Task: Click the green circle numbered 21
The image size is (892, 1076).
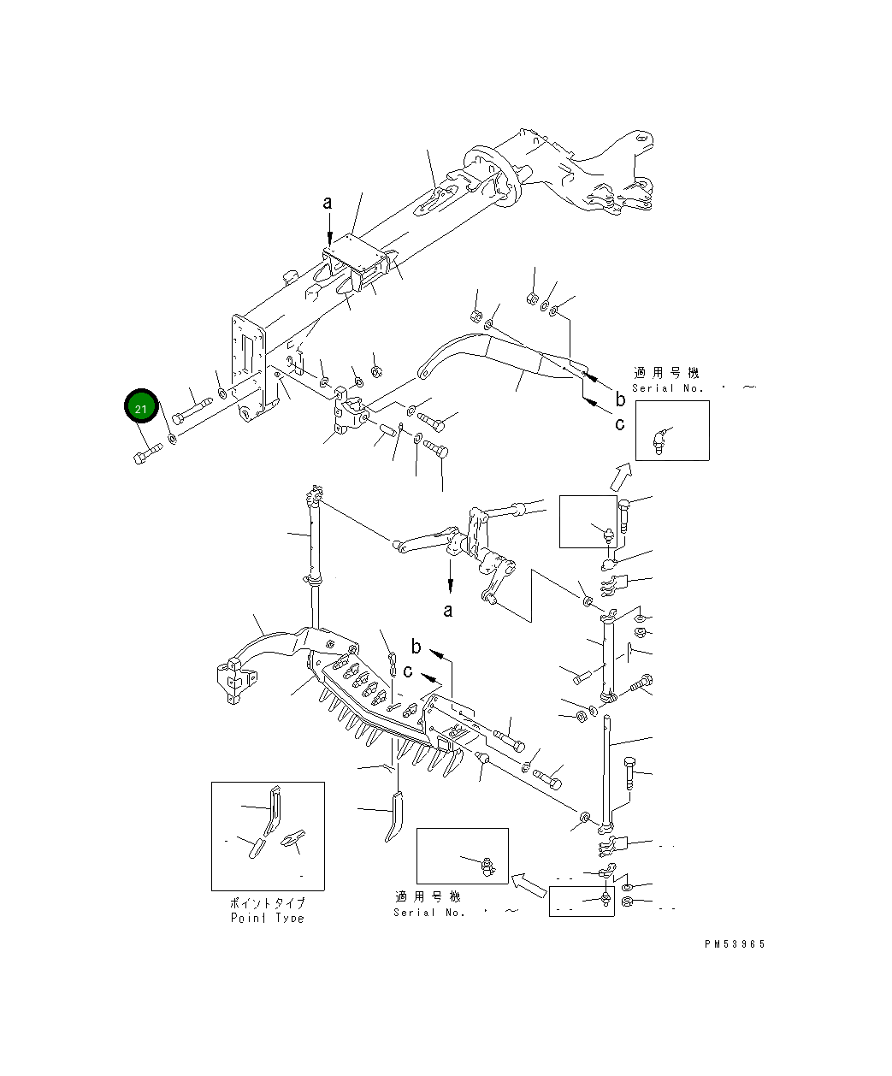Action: coord(141,405)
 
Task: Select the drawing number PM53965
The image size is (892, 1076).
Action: coord(735,944)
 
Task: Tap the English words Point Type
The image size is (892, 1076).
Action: coord(268,918)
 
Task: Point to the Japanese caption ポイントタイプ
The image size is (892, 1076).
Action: coord(268,903)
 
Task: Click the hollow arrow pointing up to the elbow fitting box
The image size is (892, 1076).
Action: coord(620,476)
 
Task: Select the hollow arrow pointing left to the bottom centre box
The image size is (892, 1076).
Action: coord(529,884)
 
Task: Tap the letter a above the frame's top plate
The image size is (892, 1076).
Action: coord(328,203)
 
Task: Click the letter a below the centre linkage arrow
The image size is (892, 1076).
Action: coord(448,611)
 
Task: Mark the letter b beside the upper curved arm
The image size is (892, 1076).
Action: coord(620,399)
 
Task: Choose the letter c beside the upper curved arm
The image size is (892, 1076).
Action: coord(619,423)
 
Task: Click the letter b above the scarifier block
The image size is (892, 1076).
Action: coord(416,646)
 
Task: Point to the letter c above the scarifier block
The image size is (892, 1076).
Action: coord(408,671)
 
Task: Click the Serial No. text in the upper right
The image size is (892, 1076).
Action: coord(668,388)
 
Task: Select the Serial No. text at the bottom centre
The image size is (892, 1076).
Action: coord(429,912)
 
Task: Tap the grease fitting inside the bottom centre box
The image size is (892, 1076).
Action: coord(487,866)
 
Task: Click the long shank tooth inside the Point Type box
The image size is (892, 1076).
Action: coord(273,810)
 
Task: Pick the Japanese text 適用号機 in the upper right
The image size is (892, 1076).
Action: coord(666,373)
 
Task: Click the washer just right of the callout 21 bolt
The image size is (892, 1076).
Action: coord(173,439)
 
